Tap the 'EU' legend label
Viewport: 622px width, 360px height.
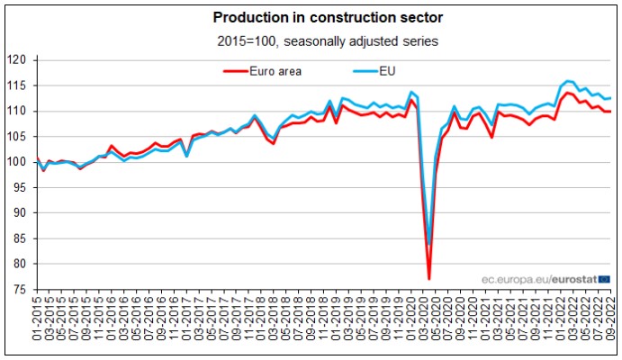pyautogui.click(x=387, y=70)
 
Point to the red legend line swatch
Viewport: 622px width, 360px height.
pyautogui.click(x=235, y=70)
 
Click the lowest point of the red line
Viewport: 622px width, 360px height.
pyautogui.click(x=429, y=278)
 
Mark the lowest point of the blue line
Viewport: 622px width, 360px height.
pyautogui.click(x=429, y=244)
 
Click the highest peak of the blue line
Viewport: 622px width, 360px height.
pyautogui.click(x=567, y=81)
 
